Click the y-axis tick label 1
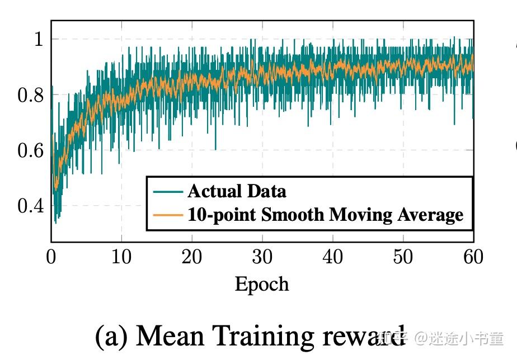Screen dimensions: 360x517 (x=38, y=39)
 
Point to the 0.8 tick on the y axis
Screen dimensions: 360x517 (x=31, y=95)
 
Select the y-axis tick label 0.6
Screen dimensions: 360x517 (x=31, y=150)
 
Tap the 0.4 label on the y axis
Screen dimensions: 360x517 (x=31, y=206)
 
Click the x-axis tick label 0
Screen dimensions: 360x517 (x=51, y=257)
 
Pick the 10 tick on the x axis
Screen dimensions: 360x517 (x=121, y=257)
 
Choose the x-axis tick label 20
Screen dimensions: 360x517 (x=192, y=257)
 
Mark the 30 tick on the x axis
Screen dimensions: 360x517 (x=262, y=257)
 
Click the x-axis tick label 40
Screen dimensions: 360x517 (x=333, y=257)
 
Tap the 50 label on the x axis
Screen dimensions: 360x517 (x=403, y=257)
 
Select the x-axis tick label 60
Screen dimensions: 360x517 (x=473, y=257)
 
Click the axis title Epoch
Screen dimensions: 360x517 (x=262, y=285)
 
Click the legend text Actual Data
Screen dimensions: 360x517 (x=237, y=191)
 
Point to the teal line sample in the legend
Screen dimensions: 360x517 (x=168, y=191)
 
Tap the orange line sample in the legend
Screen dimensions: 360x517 (x=168, y=214)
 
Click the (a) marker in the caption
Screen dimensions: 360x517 (x=112, y=337)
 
